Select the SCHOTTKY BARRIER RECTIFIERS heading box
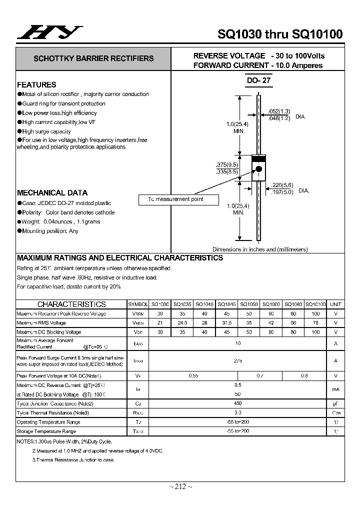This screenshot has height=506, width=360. [x=93, y=58]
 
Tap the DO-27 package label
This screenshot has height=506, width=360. [x=258, y=80]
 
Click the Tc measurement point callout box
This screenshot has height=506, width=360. [x=178, y=199]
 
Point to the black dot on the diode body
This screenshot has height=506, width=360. [x=259, y=168]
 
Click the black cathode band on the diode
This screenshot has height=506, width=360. [x=258, y=158]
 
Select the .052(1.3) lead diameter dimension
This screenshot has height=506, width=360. [x=279, y=111]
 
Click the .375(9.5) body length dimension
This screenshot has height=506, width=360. [x=226, y=164]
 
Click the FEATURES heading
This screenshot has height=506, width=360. [x=36, y=84]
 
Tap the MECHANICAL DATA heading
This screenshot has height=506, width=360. [x=52, y=192]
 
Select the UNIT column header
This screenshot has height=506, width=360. [x=335, y=304]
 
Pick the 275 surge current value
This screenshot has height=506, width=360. [x=237, y=360]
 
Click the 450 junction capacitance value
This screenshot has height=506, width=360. [x=237, y=403]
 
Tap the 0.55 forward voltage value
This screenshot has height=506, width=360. [x=193, y=375]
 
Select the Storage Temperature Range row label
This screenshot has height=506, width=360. [x=46, y=431]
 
